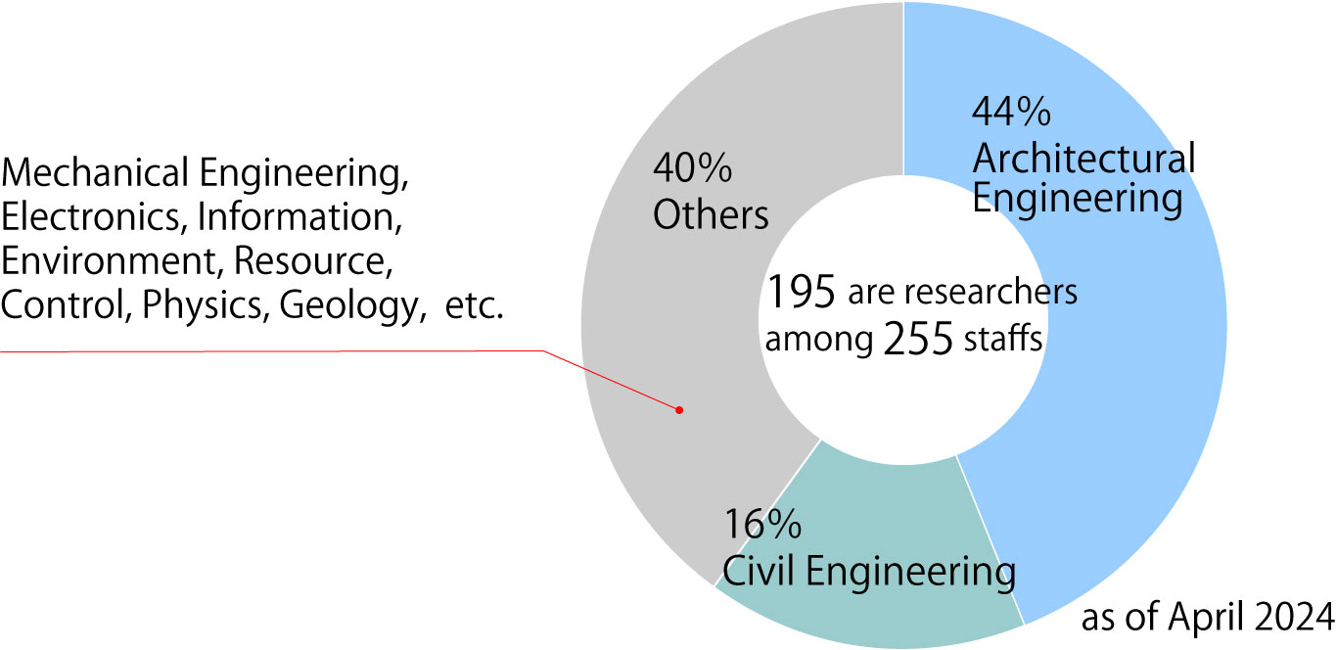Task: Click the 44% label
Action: (1010, 114)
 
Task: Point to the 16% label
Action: (762, 527)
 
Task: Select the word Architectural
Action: (1083, 158)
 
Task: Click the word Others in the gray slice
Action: (711, 215)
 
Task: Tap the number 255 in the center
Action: (918, 341)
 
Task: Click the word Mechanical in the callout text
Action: (96, 173)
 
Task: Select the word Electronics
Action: (91, 217)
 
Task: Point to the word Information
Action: (299, 217)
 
